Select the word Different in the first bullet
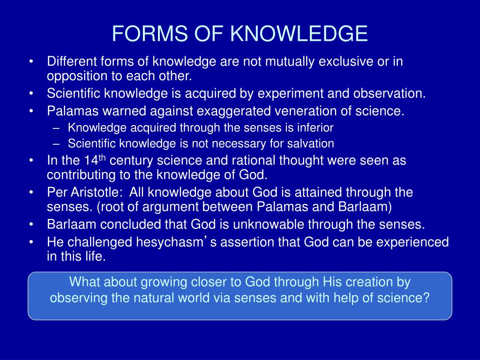point(70,61)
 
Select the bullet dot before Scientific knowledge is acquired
point(31,93)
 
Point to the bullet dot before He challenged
point(31,242)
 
